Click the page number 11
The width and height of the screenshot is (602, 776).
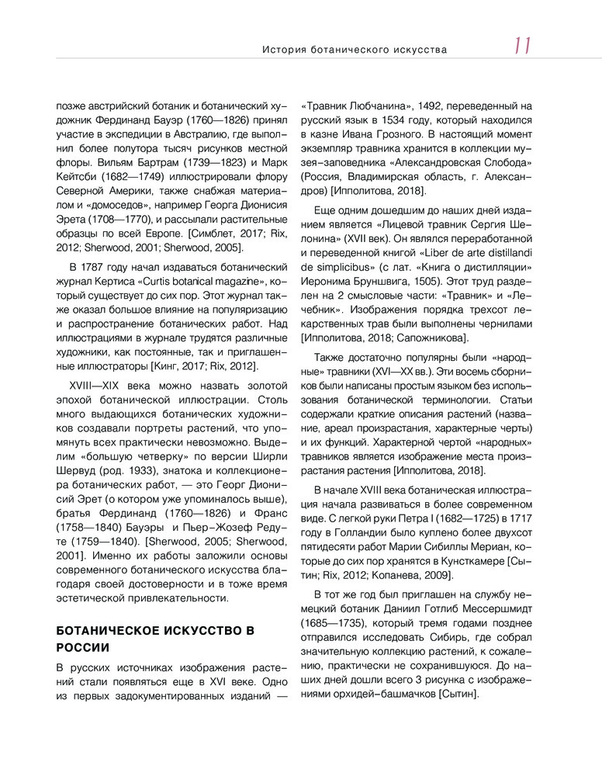(521, 47)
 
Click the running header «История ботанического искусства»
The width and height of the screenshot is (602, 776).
(355, 50)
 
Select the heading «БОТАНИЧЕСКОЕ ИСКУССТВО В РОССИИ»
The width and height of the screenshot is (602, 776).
(156, 639)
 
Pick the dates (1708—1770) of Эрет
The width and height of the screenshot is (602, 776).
(114, 219)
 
